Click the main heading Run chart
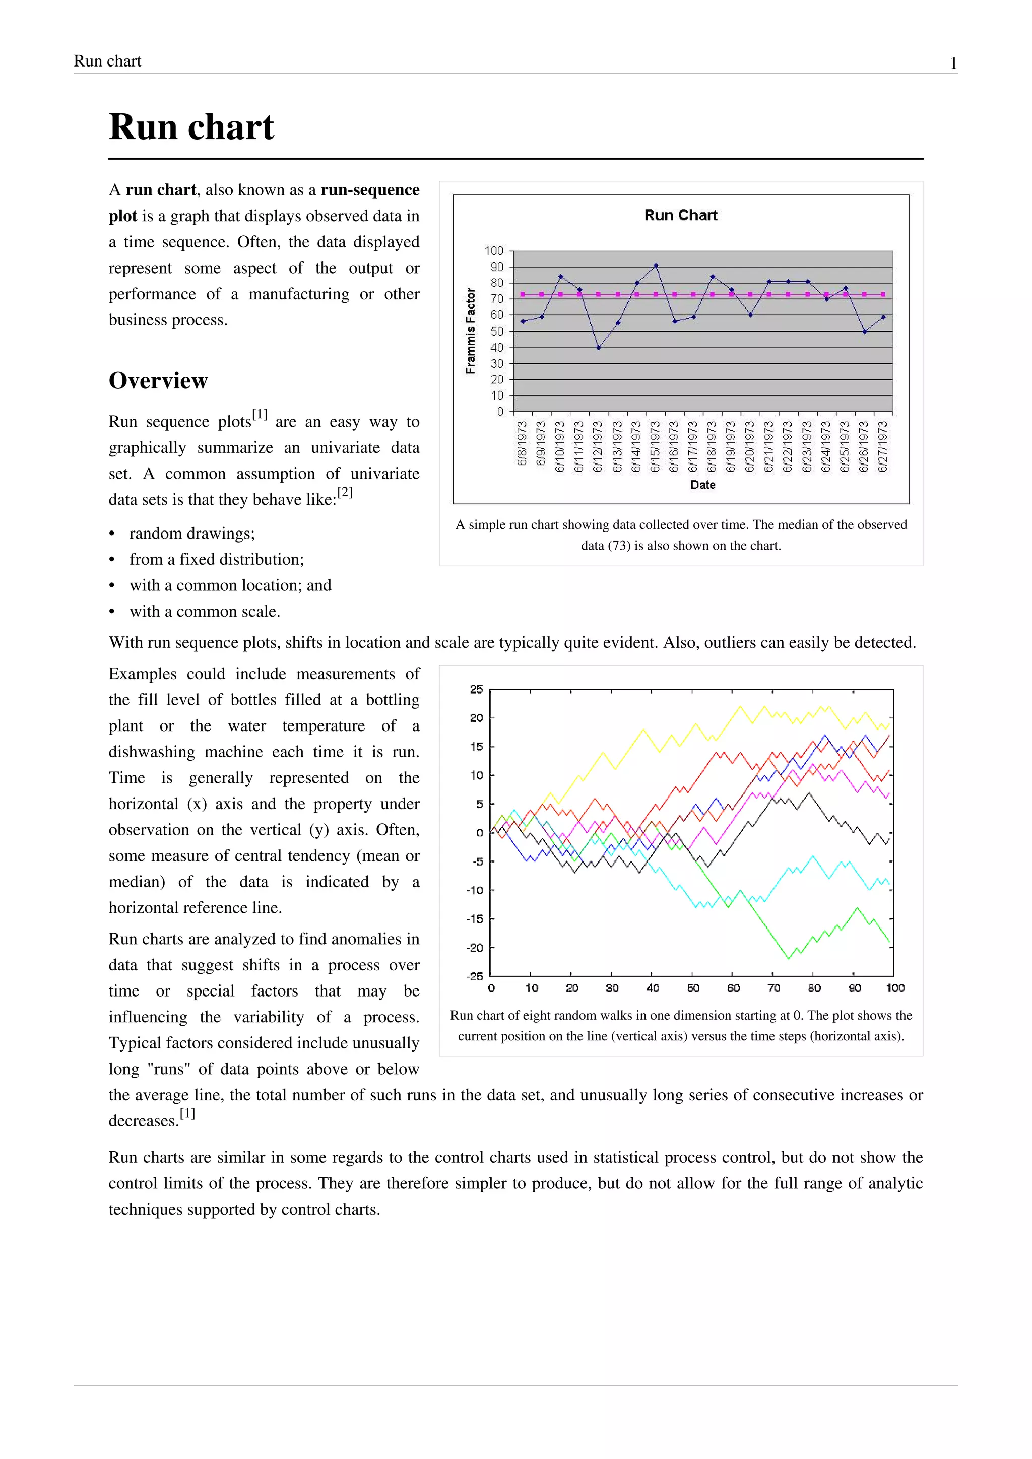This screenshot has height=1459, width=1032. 191,127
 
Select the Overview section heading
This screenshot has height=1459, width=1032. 158,381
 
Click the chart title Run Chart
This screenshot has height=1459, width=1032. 681,216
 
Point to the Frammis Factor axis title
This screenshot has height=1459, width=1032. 470,331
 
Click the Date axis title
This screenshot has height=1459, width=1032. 703,485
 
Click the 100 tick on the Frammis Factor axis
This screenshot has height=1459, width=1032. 494,251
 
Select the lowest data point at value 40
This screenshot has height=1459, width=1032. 599,348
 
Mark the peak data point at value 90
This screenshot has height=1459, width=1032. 656,266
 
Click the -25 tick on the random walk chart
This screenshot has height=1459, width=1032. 475,976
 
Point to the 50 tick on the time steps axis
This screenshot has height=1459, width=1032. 693,988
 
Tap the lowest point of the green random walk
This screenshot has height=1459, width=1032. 789,958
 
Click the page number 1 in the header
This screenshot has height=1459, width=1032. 953,63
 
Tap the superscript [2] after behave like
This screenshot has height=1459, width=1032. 345,492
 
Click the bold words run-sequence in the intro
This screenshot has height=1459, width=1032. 370,190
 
